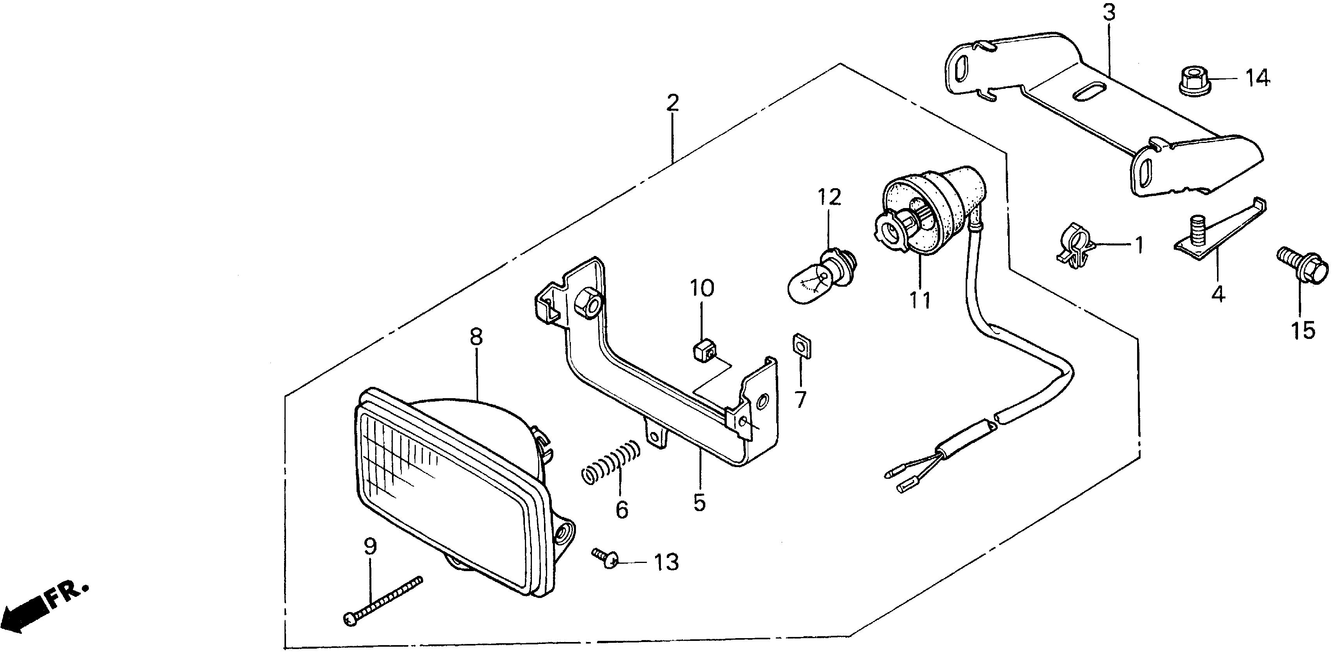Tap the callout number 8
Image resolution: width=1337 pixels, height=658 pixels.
point(475,337)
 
